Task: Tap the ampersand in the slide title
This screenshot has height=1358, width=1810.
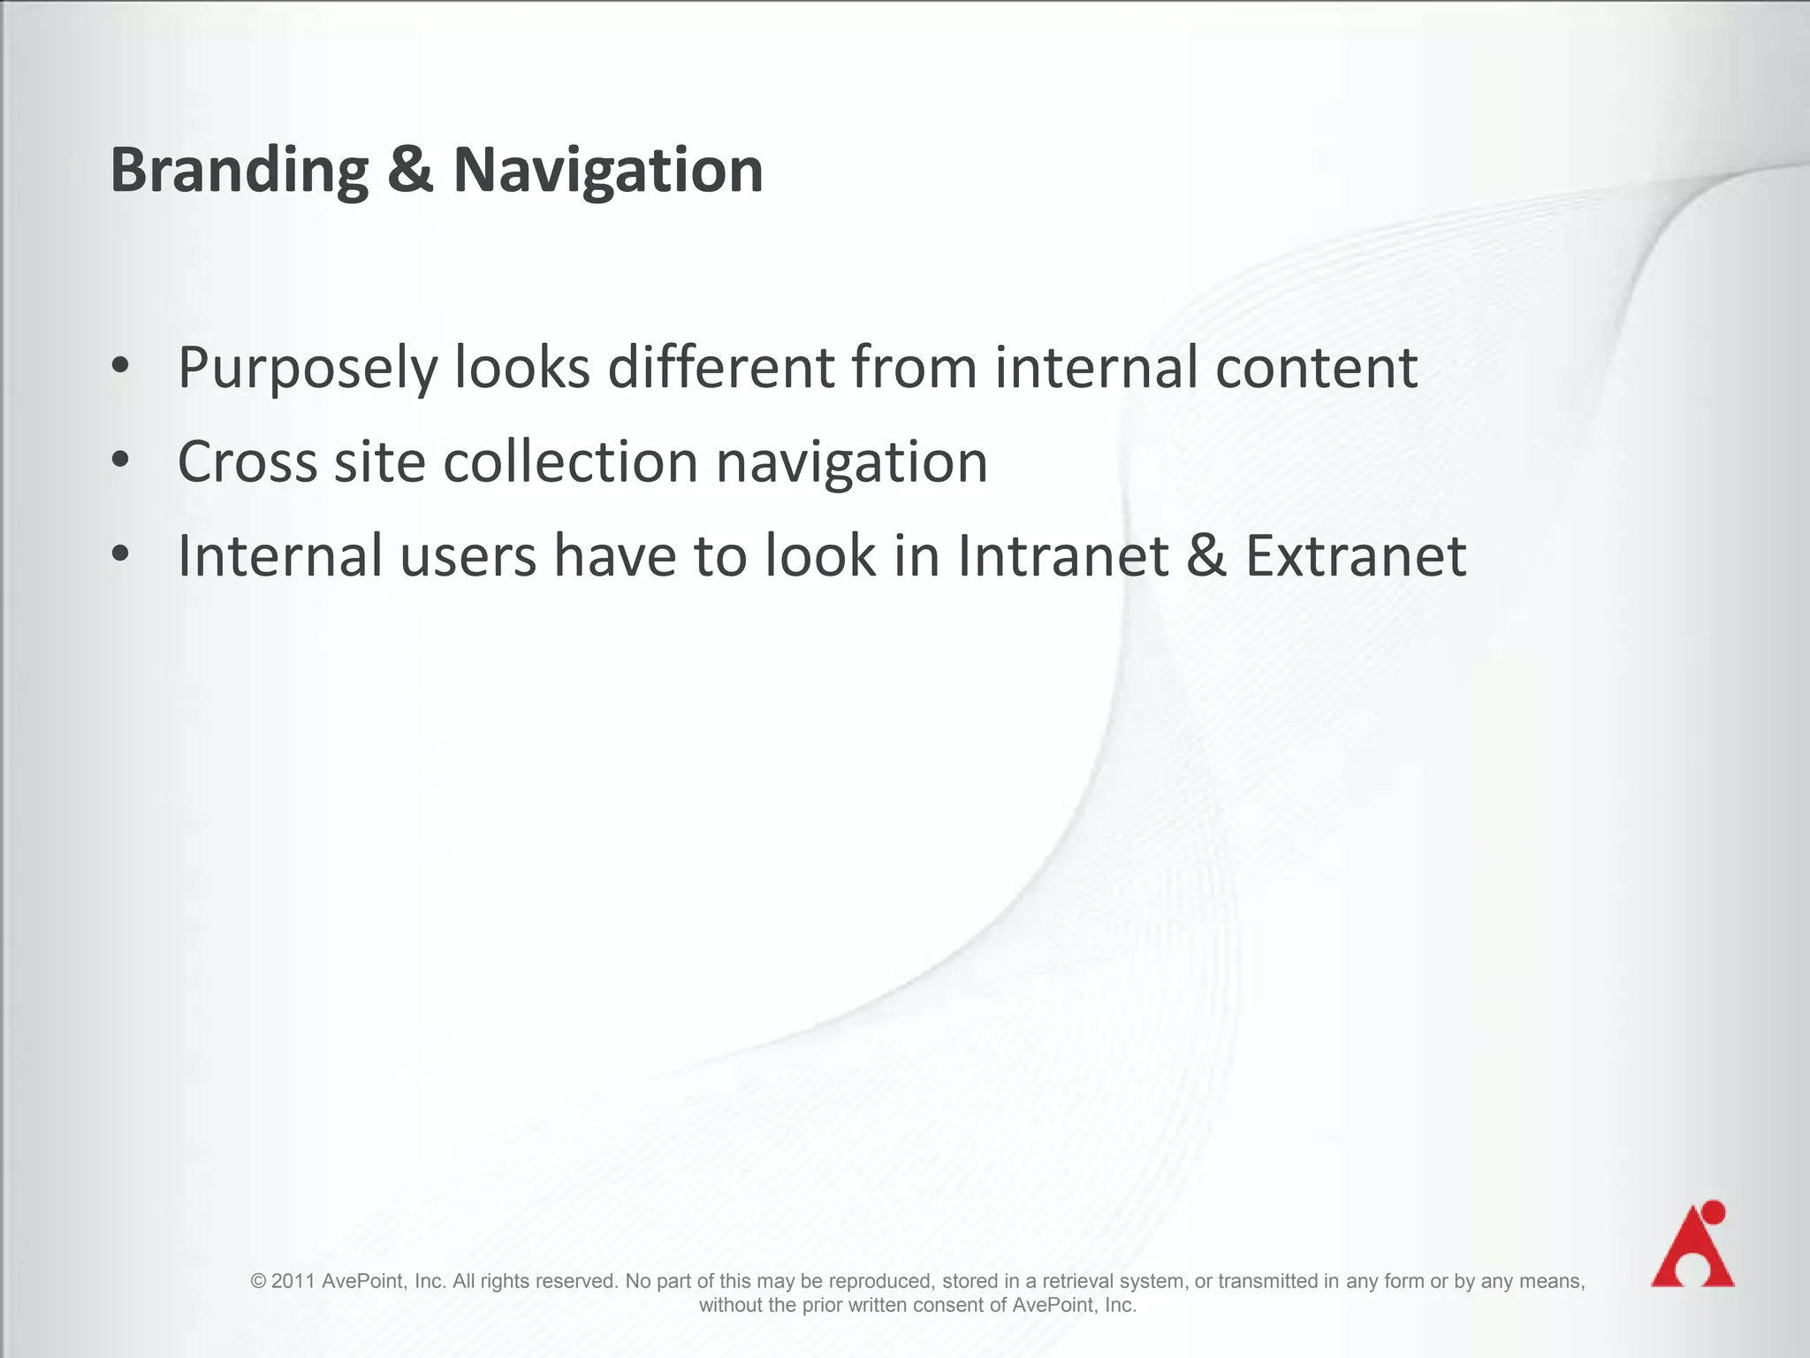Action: click(410, 169)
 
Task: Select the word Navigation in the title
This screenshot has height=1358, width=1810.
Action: click(608, 171)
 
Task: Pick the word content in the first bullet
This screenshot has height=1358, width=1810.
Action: click(1316, 368)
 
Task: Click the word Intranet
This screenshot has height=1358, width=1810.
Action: click(1063, 556)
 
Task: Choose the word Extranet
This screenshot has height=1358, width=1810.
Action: click(1356, 556)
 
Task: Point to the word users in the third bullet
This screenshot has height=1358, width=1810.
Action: click(468, 556)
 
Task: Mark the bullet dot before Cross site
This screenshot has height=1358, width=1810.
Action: click(121, 461)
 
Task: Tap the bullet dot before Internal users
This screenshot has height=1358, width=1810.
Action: click(121, 555)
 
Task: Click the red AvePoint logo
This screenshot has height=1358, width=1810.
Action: click(1692, 1245)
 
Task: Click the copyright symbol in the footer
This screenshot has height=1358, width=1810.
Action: click(258, 1281)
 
